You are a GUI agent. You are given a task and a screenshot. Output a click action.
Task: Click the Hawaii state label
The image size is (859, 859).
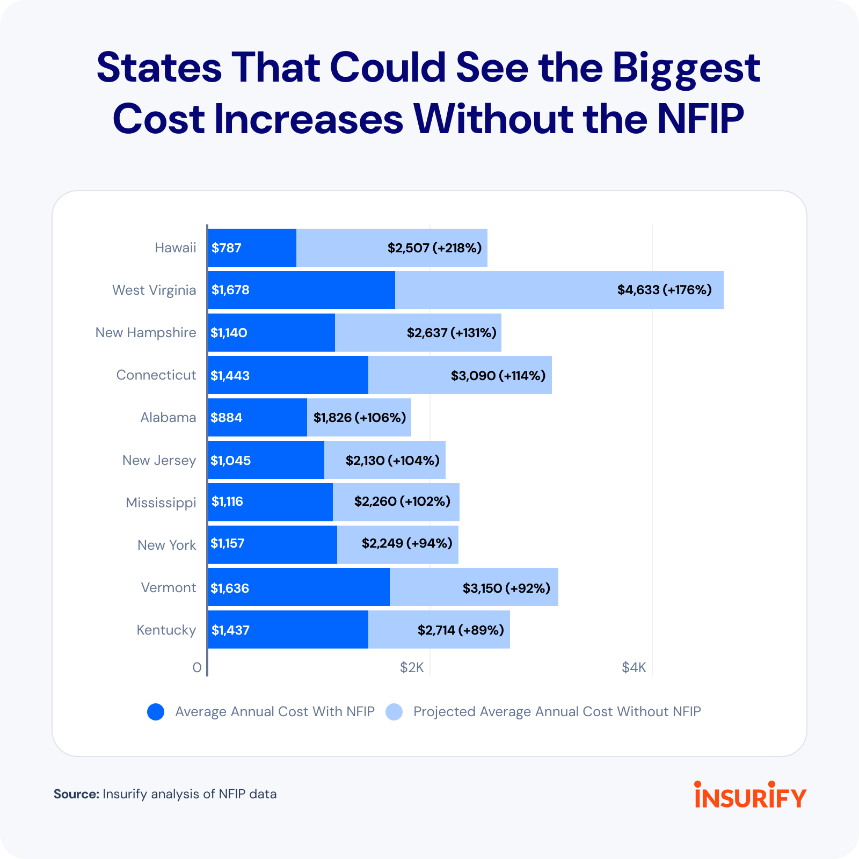pyautogui.click(x=175, y=247)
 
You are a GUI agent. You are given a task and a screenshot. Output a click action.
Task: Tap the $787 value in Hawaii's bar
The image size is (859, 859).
pyautogui.click(x=227, y=247)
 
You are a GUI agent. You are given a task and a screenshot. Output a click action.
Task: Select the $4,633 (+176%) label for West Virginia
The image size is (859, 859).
pyautogui.click(x=664, y=290)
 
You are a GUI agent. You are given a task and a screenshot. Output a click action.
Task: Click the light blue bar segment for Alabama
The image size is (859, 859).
pyautogui.click(x=359, y=418)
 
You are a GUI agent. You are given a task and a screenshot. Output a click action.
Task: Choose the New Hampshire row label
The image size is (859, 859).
pyautogui.click(x=145, y=332)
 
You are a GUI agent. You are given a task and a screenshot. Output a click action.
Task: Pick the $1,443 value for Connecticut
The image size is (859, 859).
pyautogui.click(x=230, y=375)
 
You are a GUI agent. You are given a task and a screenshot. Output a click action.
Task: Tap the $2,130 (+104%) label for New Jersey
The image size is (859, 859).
pyautogui.click(x=392, y=460)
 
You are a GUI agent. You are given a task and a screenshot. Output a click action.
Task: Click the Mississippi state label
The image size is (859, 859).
pyautogui.click(x=161, y=503)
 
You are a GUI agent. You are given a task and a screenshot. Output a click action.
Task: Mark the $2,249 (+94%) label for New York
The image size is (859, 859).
pyautogui.click(x=407, y=543)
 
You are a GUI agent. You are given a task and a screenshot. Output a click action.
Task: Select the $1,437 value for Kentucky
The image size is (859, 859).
pyautogui.click(x=230, y=630)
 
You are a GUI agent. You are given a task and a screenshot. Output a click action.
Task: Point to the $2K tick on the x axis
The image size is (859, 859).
pyautogui.click(x=412, y=667)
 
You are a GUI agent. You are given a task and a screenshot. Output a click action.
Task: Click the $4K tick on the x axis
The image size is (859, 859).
pyautogui.click(x=634, y=667)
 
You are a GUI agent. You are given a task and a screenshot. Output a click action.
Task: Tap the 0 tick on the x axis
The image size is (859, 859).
pyautogui.click(x=197, y=667)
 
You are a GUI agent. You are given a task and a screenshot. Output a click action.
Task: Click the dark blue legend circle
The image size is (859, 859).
pyautogui.click(x=156, y=712)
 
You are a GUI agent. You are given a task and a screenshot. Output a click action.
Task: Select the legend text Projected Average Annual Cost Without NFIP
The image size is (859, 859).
pyautogui.click(x=557, y=711)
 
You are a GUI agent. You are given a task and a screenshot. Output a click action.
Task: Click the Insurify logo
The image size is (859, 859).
pyautogui.click(x=750, y=795)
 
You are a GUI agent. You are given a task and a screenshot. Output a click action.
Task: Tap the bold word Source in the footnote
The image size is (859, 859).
pyautogui.click(x=76, y=794)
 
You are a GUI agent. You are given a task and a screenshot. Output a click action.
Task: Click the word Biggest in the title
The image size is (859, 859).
pyautogui.click(x=686, y=68)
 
